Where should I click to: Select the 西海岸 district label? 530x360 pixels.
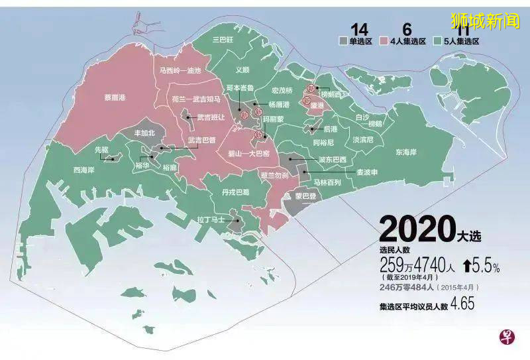[x=84, y=170]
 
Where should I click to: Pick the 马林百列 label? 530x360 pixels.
[x=327, y=182]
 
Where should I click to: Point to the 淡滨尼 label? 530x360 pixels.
[x=362, y=140]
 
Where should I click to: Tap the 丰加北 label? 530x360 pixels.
[x=144, y=133]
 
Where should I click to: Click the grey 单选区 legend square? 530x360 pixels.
[x=343, y=40]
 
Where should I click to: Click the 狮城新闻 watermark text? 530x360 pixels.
[x=486, y=21]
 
